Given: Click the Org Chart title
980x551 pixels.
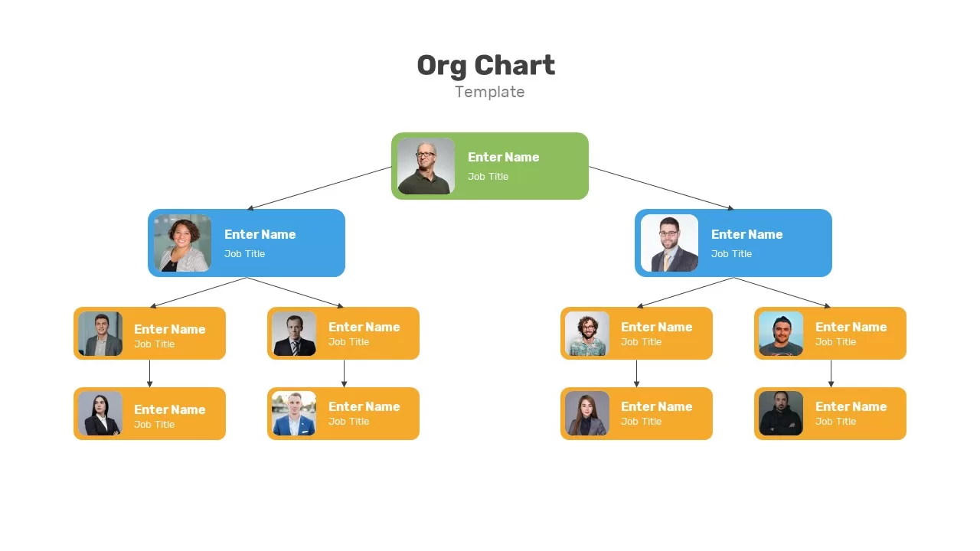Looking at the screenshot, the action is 485,66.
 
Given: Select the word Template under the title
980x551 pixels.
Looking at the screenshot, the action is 489,92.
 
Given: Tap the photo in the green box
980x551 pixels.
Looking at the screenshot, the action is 426,166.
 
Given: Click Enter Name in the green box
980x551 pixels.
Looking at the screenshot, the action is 503,157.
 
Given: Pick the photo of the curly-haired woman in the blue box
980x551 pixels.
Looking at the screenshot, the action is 182,243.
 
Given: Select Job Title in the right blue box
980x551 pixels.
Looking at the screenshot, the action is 731,253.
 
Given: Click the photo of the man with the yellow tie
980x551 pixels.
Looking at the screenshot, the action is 669,243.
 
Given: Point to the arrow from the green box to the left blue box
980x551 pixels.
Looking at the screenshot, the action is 319,188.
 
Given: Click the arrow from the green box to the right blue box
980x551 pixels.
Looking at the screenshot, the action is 661,188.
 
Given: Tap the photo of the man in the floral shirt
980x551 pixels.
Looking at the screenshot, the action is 586,334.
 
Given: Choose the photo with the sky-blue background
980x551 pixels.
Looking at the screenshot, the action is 780,334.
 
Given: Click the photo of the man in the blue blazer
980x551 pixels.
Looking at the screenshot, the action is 293,413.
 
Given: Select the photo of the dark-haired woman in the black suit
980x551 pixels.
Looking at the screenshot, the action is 100,413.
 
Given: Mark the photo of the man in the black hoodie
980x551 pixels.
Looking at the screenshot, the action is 780,413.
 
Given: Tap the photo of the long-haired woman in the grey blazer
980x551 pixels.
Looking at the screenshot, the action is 586,413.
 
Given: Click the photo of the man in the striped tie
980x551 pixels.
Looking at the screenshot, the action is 293,334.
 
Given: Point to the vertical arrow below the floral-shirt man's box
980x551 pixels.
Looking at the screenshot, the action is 636,373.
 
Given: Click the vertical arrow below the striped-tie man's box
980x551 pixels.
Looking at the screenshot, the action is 344,373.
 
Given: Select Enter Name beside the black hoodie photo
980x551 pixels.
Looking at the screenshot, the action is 851,406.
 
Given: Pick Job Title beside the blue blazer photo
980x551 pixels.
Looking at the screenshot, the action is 348,422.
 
